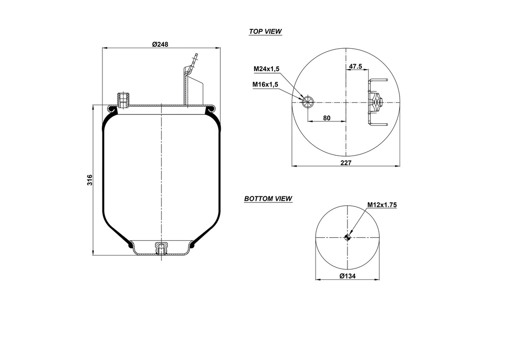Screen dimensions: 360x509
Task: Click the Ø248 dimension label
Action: pos(160,44)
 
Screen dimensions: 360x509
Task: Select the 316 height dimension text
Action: pos(90,180)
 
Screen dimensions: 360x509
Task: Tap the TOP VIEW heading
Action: pos(265,31)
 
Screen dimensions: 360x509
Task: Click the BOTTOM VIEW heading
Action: pos(268,199)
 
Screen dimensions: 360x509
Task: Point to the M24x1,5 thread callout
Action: pos(266,69)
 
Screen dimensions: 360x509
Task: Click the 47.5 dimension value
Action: pos(355,66)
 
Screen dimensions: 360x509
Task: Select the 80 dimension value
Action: pos(327,118)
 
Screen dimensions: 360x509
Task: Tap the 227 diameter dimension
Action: pos(346,163)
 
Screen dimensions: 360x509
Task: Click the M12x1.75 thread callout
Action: pos(382,204)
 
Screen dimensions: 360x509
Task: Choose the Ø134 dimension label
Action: pos(347,276)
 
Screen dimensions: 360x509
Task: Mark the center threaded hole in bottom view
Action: pos(348,237)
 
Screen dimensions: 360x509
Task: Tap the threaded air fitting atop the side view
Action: pos(122,99)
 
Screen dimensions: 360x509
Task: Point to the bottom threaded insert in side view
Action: pos(161,247)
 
